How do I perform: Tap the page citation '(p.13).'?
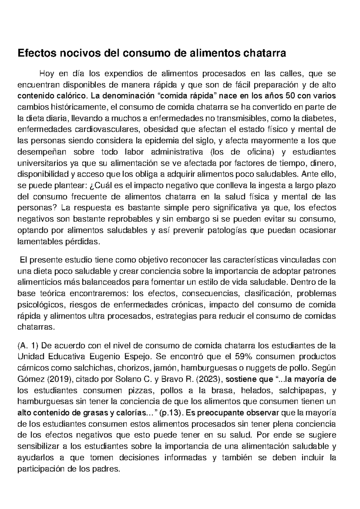172,413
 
